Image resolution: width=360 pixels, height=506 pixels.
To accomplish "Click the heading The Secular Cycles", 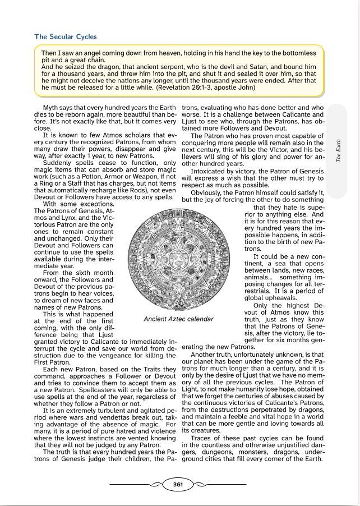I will [66, 37].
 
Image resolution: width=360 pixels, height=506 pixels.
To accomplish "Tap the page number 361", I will [178, 484].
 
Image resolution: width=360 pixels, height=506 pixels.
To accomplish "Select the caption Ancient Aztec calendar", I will [178, 319].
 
